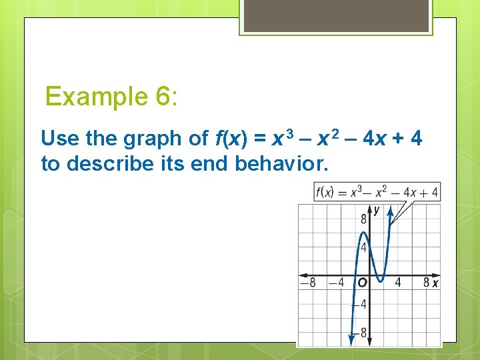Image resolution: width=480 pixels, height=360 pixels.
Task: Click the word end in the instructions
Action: coord(211,163)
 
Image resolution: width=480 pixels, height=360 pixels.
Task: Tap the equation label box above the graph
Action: coord(377,192)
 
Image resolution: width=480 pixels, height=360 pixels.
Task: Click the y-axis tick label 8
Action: coord(364,219)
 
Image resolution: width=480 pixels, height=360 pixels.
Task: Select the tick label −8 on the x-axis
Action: coord(307,283)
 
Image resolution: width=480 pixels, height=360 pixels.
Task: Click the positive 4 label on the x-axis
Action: coord(397,283)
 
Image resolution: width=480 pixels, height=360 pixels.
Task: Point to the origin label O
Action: coord(362,283)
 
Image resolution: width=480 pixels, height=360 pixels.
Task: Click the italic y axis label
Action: coord(376,211)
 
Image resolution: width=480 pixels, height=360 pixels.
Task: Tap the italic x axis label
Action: coord(435,283)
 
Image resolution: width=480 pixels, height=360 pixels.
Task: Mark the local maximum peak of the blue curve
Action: coord(363,233)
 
